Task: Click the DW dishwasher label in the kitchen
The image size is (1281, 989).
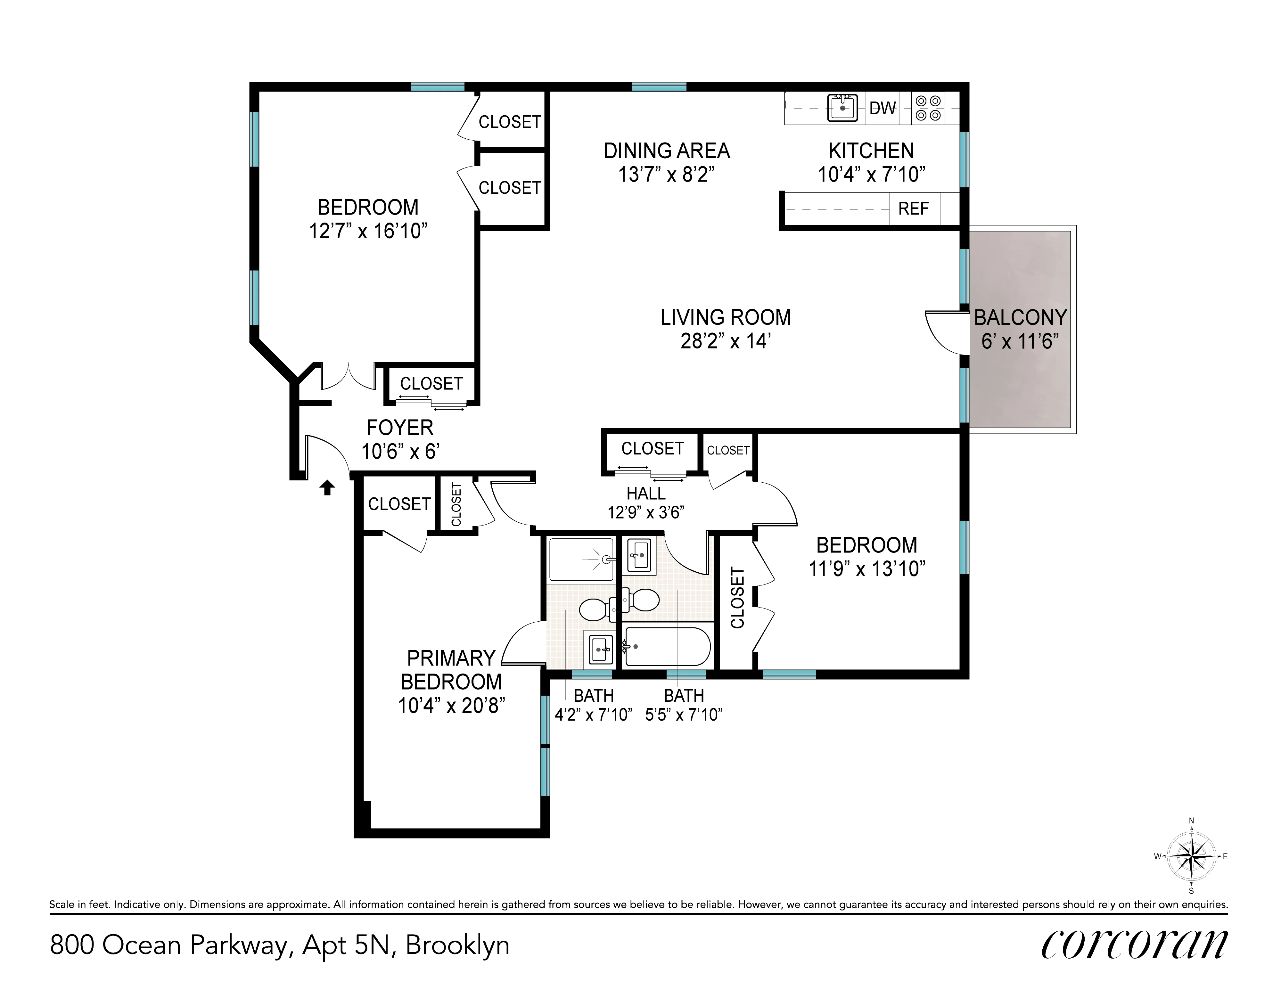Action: [x=882, y=108]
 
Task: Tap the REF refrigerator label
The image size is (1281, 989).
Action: [x=913, y=209]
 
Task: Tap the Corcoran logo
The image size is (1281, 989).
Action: [x=1134, y=945]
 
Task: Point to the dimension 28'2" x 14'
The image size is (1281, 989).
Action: [x=726, y=341]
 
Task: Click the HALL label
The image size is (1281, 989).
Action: [x=646, y=493]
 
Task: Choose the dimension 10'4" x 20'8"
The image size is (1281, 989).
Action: [x=451, y=706]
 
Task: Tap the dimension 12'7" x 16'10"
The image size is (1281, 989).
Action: [x=368, y=231]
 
